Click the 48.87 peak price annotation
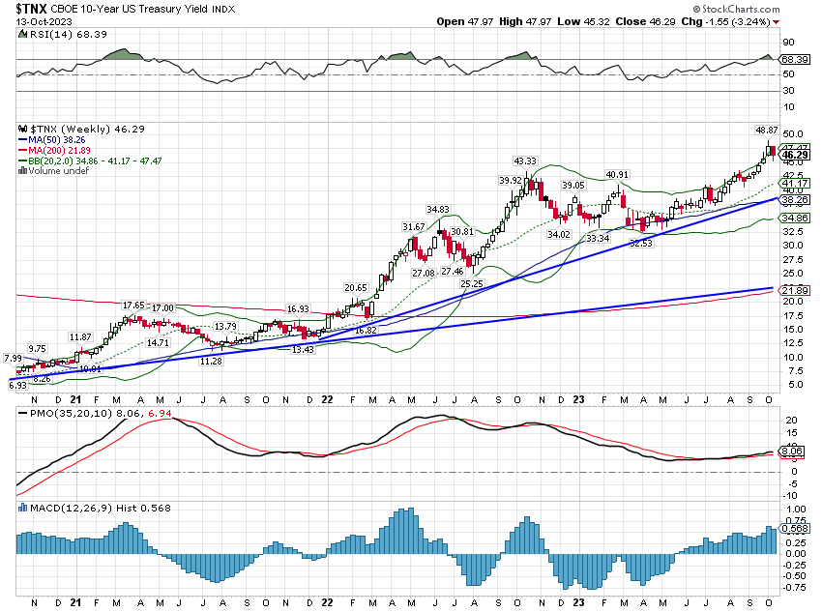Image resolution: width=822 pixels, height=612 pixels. pos(766,130)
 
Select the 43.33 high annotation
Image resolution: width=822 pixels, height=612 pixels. pos(524,160)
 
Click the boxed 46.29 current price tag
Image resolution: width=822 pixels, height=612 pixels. pos(795,155)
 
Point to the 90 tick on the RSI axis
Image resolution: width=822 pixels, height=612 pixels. pos(788,43)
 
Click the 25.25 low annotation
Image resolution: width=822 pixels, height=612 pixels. pos(471,284)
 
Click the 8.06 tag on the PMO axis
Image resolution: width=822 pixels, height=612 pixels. pos(792,450)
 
